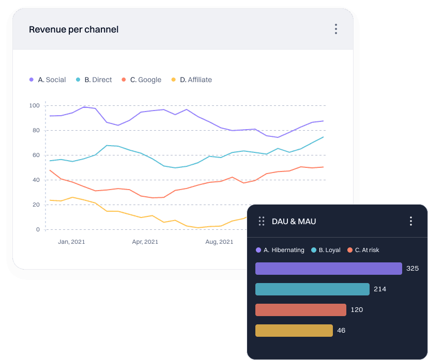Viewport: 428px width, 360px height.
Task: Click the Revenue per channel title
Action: [73, 29]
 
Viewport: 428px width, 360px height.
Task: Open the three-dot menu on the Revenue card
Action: [336, 29]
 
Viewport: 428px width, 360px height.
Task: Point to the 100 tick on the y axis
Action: [35, 105]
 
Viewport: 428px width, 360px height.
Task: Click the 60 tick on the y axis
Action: [36, 155]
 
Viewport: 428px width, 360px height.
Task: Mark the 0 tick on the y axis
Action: [38, 229]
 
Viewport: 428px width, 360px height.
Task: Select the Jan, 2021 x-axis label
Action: [71, 241]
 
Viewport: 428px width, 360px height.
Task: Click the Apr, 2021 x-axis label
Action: [145, 241]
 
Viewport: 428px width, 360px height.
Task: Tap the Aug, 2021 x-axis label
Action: [219, 241]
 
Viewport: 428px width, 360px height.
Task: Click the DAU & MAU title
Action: [294, 222]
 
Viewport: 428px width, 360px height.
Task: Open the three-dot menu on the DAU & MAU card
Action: [411, 221]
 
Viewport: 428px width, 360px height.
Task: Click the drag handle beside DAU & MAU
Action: [262, 221]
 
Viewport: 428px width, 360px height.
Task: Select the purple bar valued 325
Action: [328, 269]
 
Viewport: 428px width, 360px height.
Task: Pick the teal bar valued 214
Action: [312, 289]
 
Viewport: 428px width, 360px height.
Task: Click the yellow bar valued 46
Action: [294, 331]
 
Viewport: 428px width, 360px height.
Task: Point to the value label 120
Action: [357, 310]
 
